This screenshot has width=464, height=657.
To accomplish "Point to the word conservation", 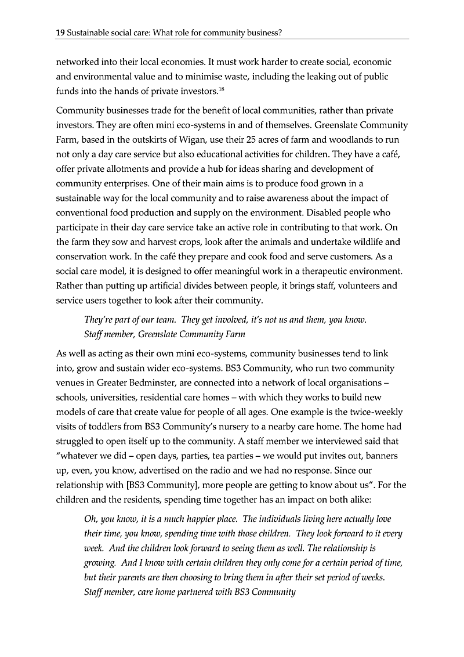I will click(82, 256).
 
